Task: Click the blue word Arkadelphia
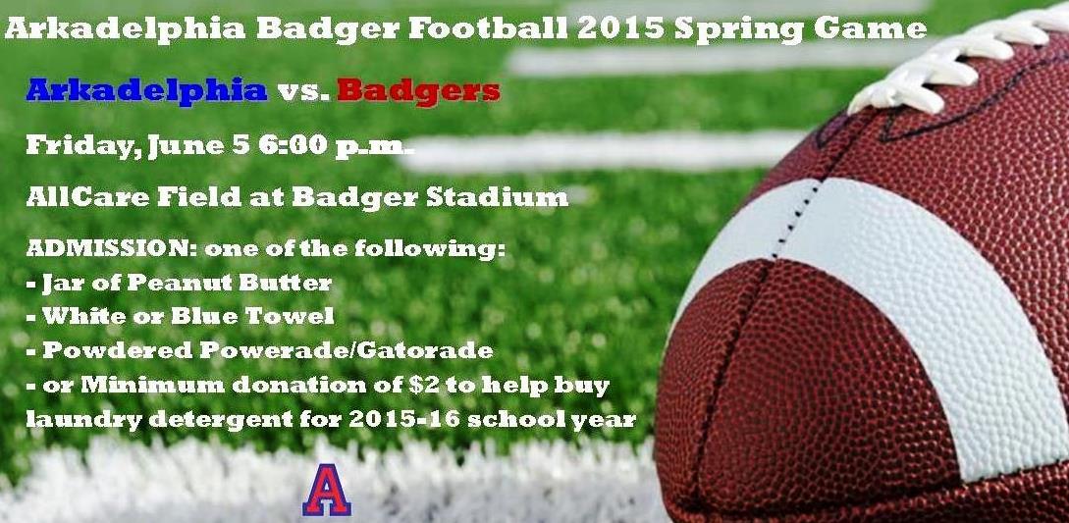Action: [146, 90]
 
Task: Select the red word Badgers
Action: [418, 90]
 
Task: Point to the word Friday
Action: [80, 146]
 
